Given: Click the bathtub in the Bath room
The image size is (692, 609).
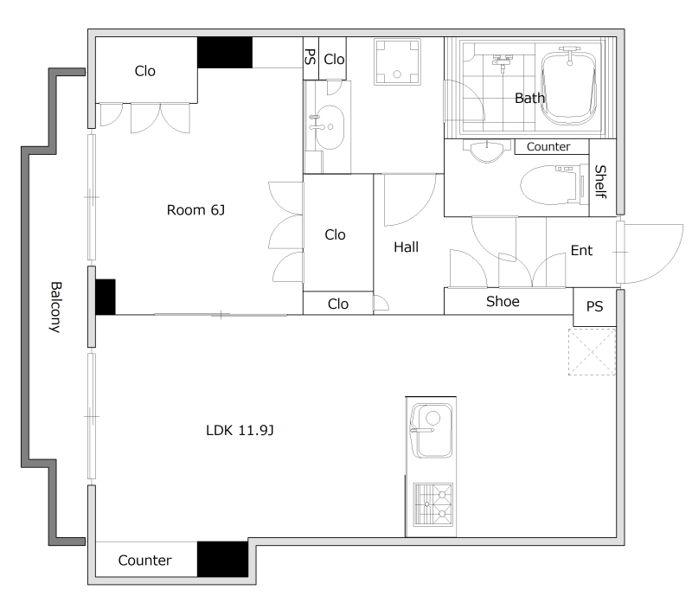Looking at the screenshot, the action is [569, 87].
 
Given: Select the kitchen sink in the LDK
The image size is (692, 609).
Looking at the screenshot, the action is [431, 431].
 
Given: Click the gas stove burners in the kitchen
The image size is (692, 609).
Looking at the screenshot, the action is [432, 505].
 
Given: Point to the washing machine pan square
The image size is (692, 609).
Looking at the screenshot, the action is [397, 61].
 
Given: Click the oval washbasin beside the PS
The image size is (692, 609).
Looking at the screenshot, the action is [328, 127].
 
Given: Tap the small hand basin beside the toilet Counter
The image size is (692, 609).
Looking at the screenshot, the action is [487, 151].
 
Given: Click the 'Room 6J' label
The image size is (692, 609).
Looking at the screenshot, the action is [195, 210].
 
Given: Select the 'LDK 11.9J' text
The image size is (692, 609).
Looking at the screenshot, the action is [240, 430].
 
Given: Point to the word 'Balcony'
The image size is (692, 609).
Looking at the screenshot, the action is [55, 307].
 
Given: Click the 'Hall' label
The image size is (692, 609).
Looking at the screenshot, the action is [406, 247].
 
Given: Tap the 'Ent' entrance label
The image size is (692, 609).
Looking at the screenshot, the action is [581, 251].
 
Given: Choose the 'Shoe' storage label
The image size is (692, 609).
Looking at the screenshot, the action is [503, 301].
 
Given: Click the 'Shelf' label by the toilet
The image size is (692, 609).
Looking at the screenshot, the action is [600, 182].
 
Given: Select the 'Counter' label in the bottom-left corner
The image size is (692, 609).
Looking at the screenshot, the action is [144, 561].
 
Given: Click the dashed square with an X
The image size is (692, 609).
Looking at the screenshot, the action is [592, 352].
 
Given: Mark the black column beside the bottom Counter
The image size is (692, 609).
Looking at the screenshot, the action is [222, 559].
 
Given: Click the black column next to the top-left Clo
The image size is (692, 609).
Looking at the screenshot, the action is [225, 53].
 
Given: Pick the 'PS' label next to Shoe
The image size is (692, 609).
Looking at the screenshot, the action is [594, 307].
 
